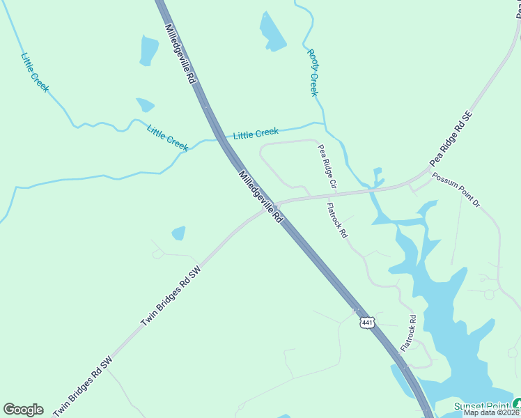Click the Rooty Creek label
tap(313, 72)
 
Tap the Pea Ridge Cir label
tap(327, 168)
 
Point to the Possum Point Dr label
tap(456, 190)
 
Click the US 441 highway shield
tap(368, 322)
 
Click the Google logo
tap(23, 410)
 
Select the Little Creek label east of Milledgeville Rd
tap(256, 133)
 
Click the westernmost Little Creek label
tap(35, 72)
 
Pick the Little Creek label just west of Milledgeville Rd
tap(168, 137)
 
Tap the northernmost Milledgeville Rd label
tap(180, 54)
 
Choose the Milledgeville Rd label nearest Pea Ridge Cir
tap(261, 196)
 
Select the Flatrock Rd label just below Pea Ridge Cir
tap(337, 220)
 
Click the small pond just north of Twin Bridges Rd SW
tap(178, 233)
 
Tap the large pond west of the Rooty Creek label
tap(272, 32)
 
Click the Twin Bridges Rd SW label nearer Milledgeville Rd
tap(171, 295)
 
